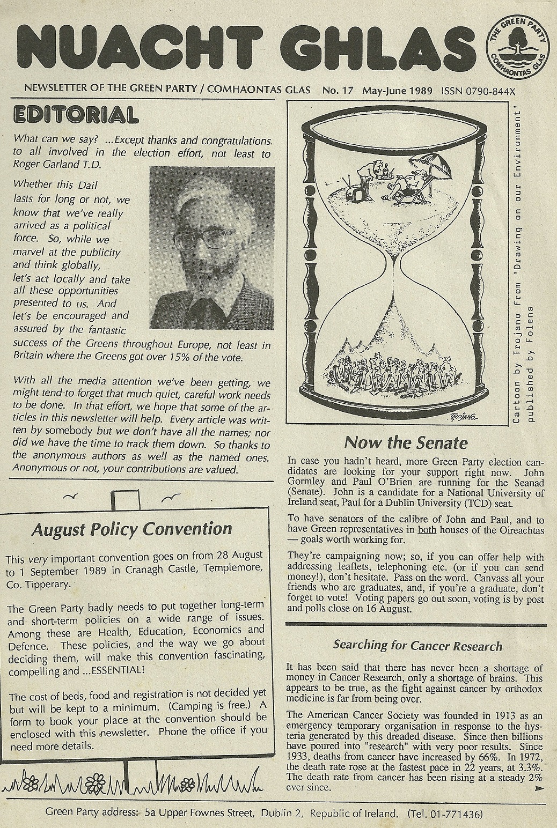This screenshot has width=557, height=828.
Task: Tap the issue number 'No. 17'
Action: pos(338,90)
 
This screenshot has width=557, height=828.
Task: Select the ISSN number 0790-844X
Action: pos(481,90)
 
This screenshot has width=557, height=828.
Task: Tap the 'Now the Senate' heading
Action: pos(406,443)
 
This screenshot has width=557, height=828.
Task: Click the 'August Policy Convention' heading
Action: pos(131,529)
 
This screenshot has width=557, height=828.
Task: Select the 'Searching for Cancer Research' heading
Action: pos(417,645)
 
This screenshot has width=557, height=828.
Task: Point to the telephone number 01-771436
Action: pos(455,811)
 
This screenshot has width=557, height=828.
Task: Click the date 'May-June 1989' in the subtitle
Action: pos(398,90)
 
